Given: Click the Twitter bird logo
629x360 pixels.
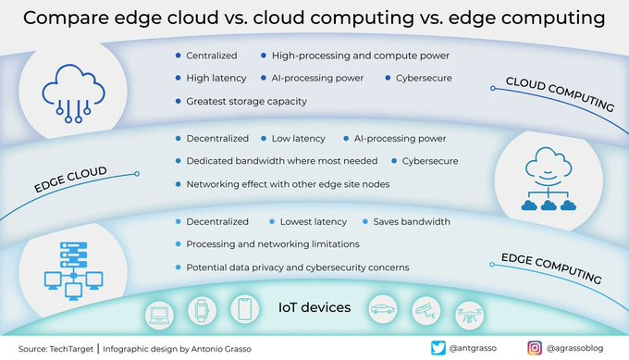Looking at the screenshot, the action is (438, 348).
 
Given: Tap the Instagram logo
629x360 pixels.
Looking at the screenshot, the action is (535, 348).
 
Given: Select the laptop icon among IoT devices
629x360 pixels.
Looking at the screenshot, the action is (160, 316).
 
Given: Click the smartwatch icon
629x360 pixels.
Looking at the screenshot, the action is (202, 310).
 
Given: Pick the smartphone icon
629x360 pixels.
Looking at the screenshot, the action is (245, 308).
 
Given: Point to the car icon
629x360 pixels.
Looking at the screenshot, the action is (383, 309).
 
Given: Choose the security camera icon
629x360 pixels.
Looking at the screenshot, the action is (425, 311).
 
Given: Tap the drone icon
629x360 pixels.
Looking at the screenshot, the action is (469, 315).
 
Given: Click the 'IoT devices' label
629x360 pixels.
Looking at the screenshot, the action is (314, 307).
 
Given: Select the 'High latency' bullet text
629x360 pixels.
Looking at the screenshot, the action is (216, 79).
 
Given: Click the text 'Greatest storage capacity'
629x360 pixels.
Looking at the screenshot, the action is (246, 102).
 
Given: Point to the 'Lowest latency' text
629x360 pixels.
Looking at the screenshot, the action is (314, 222).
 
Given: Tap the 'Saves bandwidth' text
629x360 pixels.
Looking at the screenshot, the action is (412, 222).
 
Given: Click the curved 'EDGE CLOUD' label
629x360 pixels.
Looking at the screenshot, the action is (70, 180).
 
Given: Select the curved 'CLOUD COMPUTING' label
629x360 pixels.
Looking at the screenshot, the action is (560, 93).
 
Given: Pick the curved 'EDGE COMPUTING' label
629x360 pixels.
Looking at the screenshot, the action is (551, 268).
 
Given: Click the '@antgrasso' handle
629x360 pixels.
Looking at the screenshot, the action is (473, 348).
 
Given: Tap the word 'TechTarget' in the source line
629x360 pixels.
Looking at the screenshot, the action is (71, 349).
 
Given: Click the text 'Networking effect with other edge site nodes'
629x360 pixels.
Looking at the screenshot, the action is (288, 184).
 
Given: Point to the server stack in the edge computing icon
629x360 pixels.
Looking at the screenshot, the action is (73, 254).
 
